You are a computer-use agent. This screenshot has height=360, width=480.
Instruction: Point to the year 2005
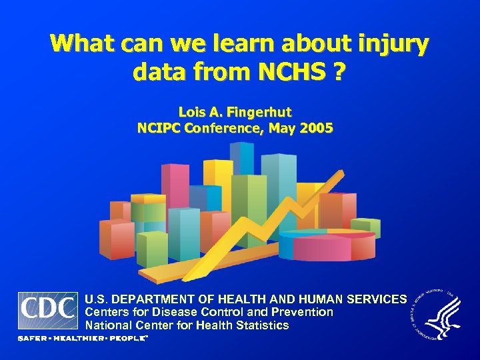pyautogui.click(x=315, y=127)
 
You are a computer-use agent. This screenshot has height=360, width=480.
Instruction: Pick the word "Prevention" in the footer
pyautogui.click(x=304, y=312)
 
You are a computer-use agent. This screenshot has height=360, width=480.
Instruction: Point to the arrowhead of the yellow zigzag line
pyautogui.click(x=337, y=178)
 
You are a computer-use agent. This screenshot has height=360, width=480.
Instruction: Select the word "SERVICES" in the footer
pyautogui.click(x=371, y=299)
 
